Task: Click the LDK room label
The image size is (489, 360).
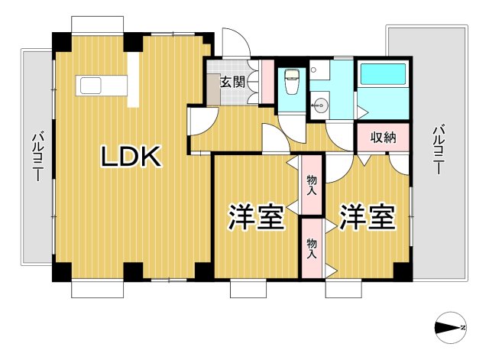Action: [x=131, y=157]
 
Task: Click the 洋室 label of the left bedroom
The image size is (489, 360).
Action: [x=256, y=217]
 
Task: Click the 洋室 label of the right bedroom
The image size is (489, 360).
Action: [x=367, y=217]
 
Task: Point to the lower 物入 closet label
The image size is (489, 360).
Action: [x=311, y=248]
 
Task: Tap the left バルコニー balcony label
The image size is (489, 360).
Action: [x=36, y=157]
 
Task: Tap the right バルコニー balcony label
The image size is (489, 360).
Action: [x=438, y=150]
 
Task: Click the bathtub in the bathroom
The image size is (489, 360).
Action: [x=385, y=74]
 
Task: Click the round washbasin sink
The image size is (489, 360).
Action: [x=321, y=105]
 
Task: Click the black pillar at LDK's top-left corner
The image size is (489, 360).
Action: [x=60, y=41]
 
